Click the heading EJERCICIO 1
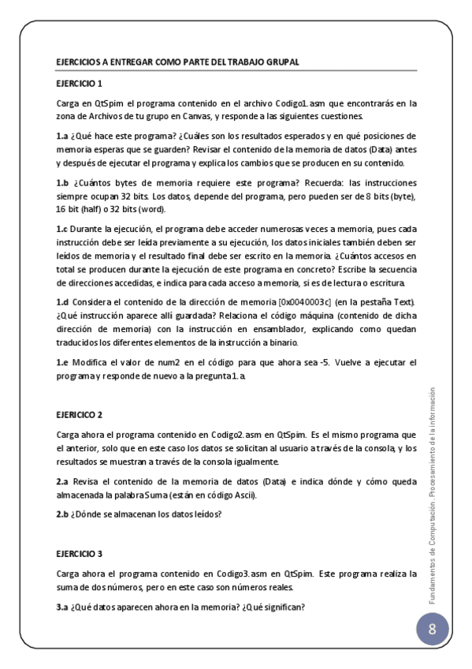pos(79,83)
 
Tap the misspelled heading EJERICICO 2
pos(79,414)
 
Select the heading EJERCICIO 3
pos(79,555)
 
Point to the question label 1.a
pos(61,136)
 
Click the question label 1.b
pos(61,183)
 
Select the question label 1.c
pos(61,229)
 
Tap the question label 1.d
pos(62,303)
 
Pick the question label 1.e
pos(61,362)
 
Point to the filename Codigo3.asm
pos(223,574)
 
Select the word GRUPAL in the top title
pos(282,62)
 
